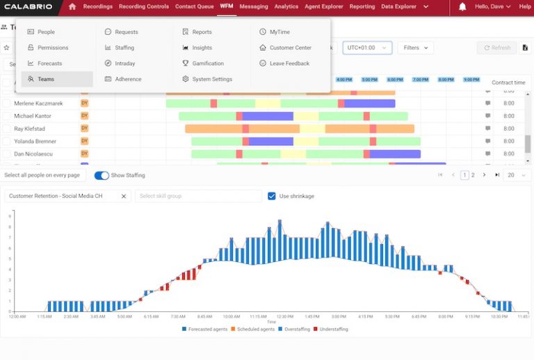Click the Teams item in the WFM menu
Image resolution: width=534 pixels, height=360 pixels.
pos(46,79)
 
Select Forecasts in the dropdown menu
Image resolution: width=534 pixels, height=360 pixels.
pos(49,63)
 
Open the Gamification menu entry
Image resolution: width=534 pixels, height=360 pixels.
pos(208,63)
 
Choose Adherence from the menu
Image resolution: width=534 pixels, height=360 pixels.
pos(128,79)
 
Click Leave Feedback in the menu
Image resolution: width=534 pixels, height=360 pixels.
pos(289,63)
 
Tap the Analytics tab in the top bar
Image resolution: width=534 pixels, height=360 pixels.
pos(286,6)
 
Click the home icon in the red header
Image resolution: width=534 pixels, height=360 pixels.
pos(72,6)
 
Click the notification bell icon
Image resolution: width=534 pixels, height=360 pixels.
pos(462,7)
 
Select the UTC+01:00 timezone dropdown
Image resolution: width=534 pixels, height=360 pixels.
pos(367,48)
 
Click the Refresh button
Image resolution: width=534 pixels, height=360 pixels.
pos(496,48)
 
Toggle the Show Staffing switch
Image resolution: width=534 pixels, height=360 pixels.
pos(102,176)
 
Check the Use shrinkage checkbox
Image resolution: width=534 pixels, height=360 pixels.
pos(272,196)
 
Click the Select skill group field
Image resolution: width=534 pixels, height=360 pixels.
pos(198,196)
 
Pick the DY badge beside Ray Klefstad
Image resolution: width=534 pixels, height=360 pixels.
pos(85,128)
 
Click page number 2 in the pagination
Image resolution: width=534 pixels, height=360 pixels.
pos(473,175)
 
